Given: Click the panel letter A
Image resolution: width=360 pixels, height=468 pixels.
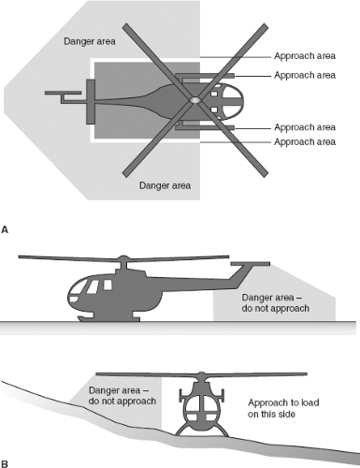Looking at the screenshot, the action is tap(5, 230).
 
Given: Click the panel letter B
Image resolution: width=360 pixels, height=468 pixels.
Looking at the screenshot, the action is tap(5, 463).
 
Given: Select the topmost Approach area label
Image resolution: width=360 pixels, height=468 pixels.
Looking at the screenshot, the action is tap(305, 56).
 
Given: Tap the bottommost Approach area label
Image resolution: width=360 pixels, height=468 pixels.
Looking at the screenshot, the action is tap(305, 141).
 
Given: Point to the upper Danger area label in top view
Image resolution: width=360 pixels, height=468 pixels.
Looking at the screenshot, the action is tap(90, 41).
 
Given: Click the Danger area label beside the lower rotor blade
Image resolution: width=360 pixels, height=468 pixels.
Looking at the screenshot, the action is tap(165, 185).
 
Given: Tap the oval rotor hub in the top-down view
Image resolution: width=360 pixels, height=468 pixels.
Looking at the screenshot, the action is tap(194, 100).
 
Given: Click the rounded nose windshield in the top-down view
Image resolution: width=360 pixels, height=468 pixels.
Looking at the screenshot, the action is tap(232, 100).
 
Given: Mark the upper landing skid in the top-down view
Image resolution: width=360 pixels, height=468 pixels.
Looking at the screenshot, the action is tap(205, 76).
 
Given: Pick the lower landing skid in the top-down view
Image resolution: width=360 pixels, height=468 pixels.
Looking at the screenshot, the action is tap(205, 127).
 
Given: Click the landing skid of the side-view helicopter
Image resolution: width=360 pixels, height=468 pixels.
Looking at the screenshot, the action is tap(108, 318).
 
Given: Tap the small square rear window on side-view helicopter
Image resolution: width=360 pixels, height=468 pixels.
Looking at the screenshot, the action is tap(108, 285).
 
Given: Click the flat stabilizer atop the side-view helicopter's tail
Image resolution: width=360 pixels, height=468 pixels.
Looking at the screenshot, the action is tap(251, 264).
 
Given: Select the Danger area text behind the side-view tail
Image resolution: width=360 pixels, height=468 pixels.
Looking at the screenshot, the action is tap(276, 303).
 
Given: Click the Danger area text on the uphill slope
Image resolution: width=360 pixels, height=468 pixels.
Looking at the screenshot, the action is tap(122, 396).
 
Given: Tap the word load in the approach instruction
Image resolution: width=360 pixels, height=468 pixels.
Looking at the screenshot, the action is tap(309, 402).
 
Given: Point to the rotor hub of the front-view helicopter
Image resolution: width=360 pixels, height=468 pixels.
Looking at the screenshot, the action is tap(202, 374).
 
